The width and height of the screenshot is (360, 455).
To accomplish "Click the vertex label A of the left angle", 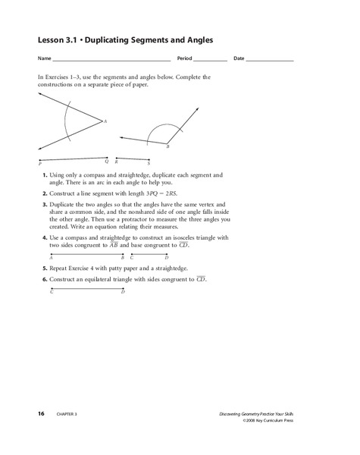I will click(105, 121).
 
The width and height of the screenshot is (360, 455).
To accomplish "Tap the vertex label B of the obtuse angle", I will click(167, 147).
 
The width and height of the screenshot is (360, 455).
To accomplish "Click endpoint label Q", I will click(107, 161).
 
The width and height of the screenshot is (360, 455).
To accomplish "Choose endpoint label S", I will click(149, 163).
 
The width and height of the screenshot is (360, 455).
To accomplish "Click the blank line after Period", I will click(211, 58).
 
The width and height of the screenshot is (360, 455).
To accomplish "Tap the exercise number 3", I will click(45, 205).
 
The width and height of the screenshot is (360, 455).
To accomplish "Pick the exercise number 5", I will click(45, 269).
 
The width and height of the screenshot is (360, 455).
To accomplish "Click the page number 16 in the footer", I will click(41, 413).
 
